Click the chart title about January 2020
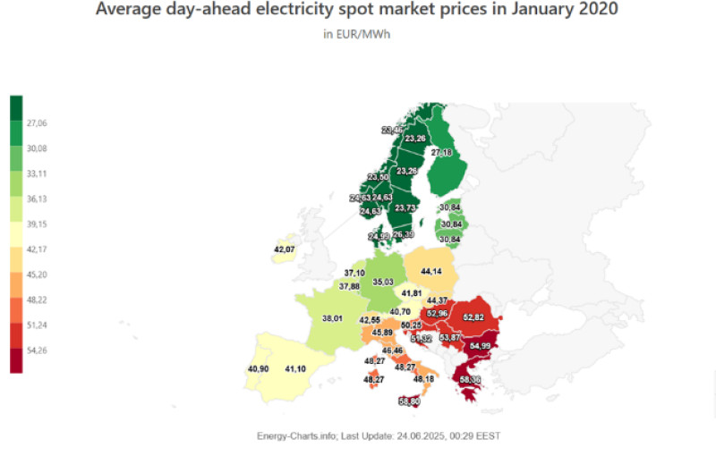pyautogui.click(x=356, y=12)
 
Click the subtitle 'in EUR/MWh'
pyautogui.click(x=357, y=35)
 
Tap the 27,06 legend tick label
pyautogui.click(x=38, y=122)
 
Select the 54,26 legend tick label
pyautogui.click(x=38, y=350)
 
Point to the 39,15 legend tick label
pyautogui.click(x=38, y=224)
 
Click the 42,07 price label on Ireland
pyautogui.click(x=285, y=249)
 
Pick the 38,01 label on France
pyautogui.click(x=332, y=317)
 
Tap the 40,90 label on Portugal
pyautogui.click(x=258, y=368)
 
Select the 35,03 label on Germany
pyautogui.click(x=383, y=282)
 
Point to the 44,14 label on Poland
pyautogui.click(x=431, y=271)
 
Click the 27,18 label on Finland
pyautogui.click(x=441, y=153)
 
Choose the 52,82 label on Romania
pyautogui.click(x=473, y=317)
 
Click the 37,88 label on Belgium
pyautogui.click(x=349, y=287)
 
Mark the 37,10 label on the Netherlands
pyautogui.click(x=354, y=273)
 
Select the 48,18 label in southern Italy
pyautogui.click(x=422, y=379)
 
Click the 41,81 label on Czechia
pyautogui.click(x=412, y=292)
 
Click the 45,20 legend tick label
pyautogui.click(x=38, y=274)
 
